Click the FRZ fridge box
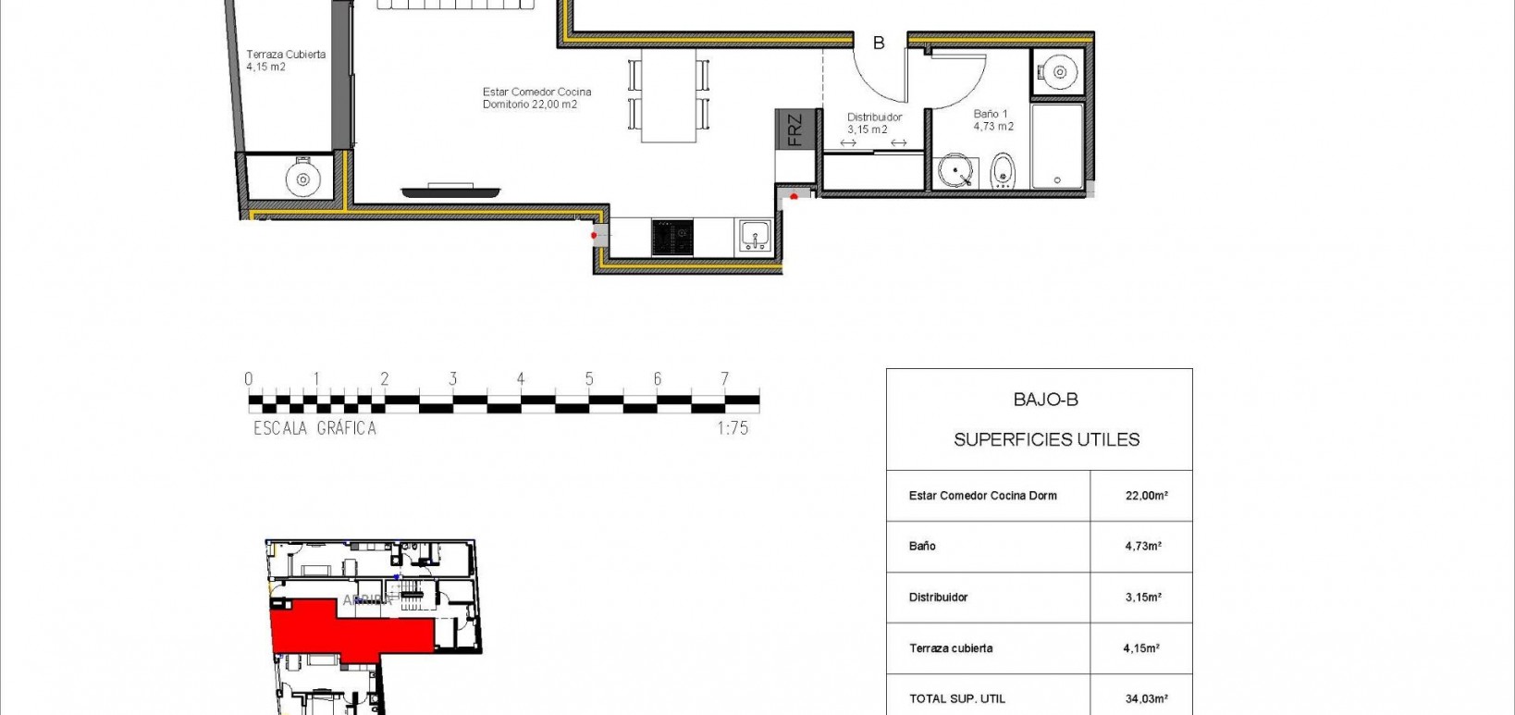pos(795,129)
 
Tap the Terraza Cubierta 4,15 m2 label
pos(285,61)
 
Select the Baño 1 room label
pos(992,120)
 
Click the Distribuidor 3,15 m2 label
pos(873,124)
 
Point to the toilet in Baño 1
pos(1003,171)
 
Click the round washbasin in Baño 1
pos(955,172)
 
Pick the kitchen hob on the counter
pos(672,237)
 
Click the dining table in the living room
pos(669,96)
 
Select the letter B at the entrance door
pos(879,43)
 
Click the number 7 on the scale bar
pos(725,378)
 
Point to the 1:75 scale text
pos(732,428)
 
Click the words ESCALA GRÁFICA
pos(314,428)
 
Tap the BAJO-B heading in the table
pos(1045,400)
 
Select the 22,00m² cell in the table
pos(1146,496)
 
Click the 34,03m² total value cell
pos(1146,699)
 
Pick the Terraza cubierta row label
pos(951,648)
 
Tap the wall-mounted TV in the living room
pos(450,191)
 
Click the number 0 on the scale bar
pos(248,378)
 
